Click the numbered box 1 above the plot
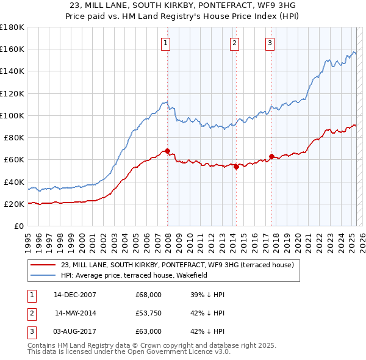(166, 43)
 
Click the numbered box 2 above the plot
(235, 43)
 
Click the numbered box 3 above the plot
(270, 43)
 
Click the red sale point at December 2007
(167, 151)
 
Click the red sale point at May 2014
(236, 167)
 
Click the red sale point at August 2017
(271, 156)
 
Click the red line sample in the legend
(43, 265)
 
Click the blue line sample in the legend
(43, 275)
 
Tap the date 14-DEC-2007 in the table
(74, 295)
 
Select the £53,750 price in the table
(149, 314)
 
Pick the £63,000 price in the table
(149, 332)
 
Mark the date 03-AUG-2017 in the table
(74, 332)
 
